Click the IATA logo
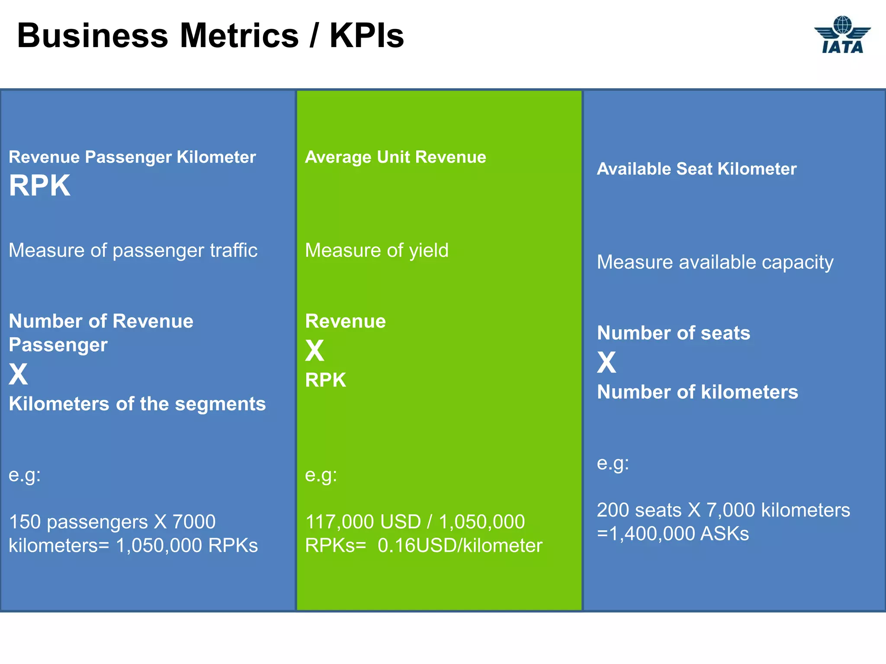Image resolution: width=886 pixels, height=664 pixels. coord(842,35)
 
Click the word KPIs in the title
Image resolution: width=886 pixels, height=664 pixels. coord(366,35)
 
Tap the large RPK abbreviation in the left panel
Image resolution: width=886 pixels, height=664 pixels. coord(39,186)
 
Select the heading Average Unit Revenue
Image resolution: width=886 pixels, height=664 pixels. coord(395,157)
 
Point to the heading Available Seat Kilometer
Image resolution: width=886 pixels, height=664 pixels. coord(697,169)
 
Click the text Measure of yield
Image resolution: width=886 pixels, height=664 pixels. coord(376,250)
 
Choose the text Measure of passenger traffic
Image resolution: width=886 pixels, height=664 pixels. coord(133,250)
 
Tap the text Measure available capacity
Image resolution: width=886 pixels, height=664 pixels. coord(715,262)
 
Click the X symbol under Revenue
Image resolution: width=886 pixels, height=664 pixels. coord(315,351)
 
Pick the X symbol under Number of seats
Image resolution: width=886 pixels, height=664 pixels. coord(607,362)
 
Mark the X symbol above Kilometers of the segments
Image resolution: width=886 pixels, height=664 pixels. coord(18,374)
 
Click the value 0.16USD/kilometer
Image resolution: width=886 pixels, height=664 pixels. coord(460,546)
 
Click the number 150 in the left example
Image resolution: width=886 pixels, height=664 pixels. coord(25,522)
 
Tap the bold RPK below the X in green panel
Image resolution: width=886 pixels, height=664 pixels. coord(325,380)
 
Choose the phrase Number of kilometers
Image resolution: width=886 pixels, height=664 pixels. coord(697,392)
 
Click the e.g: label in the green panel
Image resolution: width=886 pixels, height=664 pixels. coord(321,475)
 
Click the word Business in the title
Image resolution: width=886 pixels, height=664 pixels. coord(93,35)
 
